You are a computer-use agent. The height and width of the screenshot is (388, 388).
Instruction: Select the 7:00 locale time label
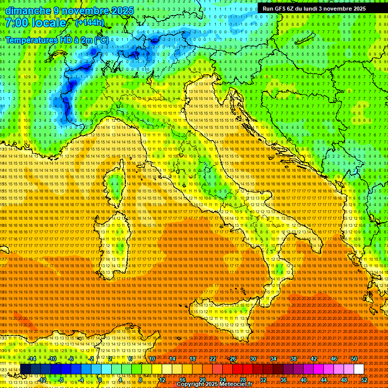(36, 23)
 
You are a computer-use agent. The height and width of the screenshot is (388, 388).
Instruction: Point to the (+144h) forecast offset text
(89, 23)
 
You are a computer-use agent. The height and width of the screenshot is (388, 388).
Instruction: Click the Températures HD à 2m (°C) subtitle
(57, 40)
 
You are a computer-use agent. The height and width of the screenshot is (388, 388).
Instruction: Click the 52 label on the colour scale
(364, 380)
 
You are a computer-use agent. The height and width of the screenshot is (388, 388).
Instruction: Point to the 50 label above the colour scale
(354, 359)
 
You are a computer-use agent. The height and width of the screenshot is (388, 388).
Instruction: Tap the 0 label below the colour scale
(101, 380)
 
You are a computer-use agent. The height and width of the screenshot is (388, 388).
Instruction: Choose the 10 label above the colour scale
(152, 359)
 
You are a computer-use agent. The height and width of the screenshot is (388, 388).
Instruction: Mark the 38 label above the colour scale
(294, 359)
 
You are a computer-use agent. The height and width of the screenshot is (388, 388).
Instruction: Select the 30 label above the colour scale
(253, 359)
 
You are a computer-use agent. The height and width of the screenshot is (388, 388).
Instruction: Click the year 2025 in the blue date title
(122, 11)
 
